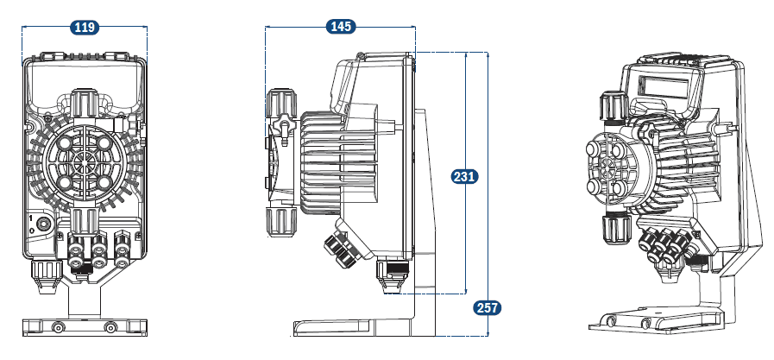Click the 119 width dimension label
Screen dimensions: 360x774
[85, 28]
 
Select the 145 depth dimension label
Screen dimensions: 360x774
[341, 27]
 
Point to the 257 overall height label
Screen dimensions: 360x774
[488, 306]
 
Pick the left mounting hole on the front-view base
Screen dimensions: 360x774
[58, 327]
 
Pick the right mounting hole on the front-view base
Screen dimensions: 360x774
[110, 327]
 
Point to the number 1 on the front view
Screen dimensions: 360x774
[32, 219]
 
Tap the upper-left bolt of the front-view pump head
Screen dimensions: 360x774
[66, 143]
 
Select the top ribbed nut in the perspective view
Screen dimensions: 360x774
[610, 106]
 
